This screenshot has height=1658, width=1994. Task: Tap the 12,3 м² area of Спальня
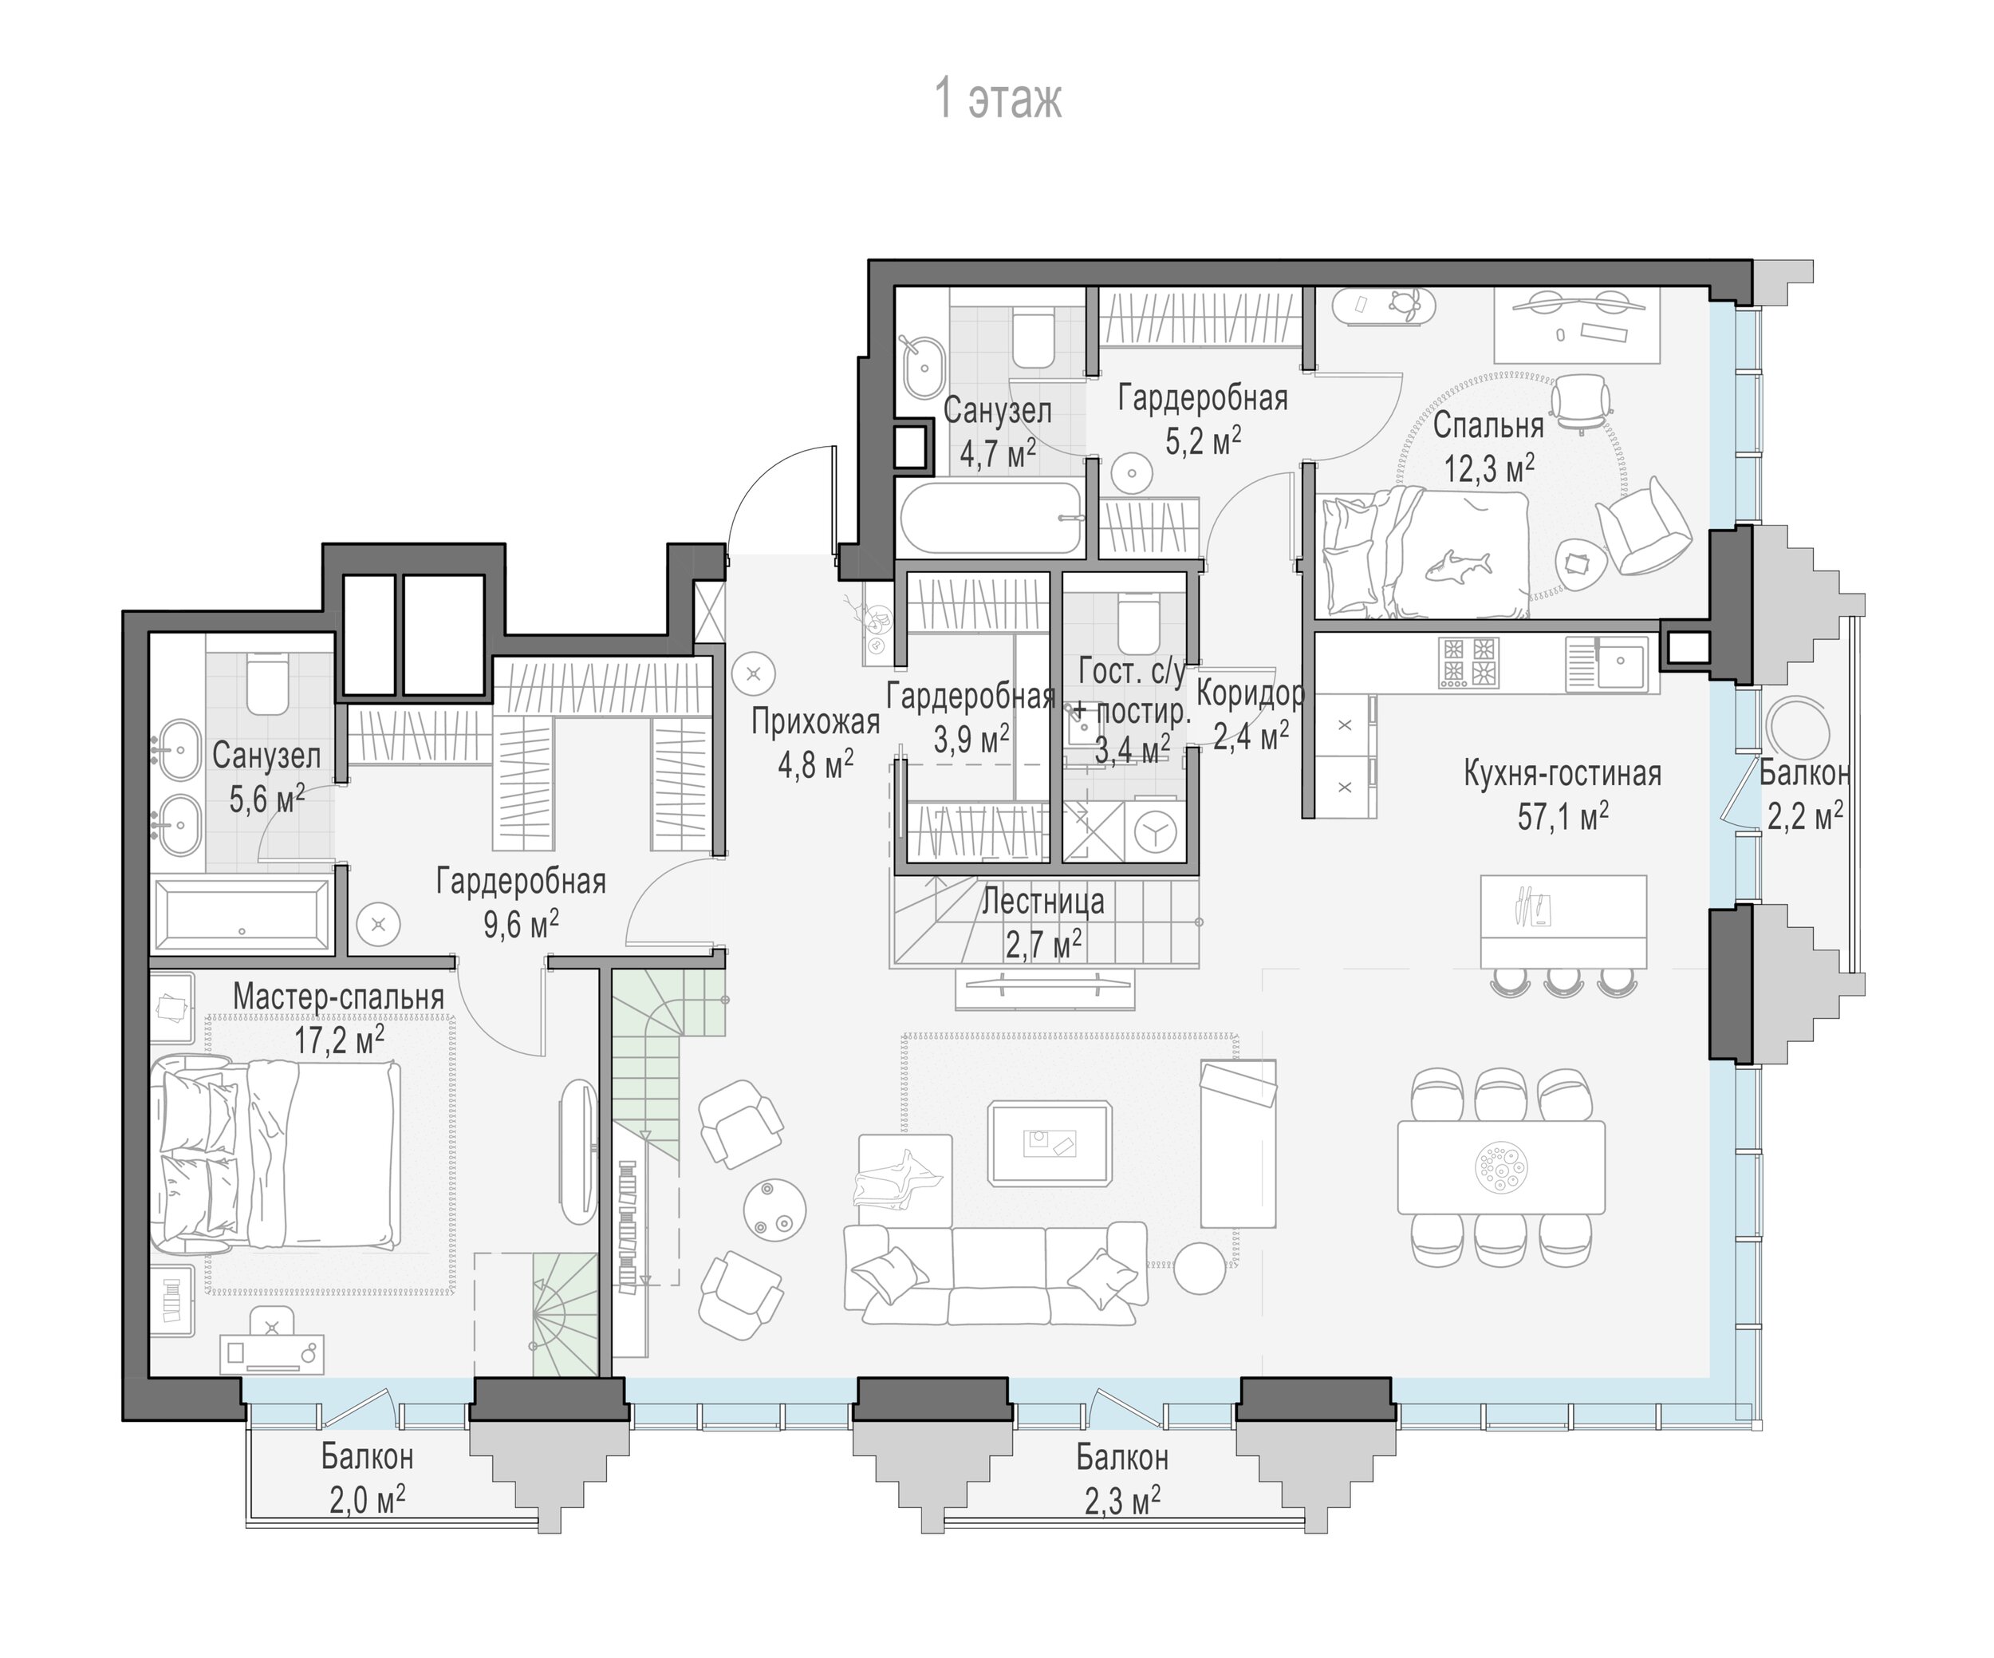[x=1489, y=468]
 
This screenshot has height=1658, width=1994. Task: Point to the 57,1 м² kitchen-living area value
[x=1562, y=815]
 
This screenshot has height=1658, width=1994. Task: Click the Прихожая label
[x=816, y=723]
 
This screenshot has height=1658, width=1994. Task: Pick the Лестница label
[x=1042, y=901]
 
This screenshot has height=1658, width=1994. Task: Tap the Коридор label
[x=1251, y=694]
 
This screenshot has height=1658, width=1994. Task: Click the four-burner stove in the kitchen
[x=1469, y=662]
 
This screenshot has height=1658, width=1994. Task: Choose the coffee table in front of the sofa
[x=1049, y=1143]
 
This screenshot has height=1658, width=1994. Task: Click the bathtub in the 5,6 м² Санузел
[x=243, y=915]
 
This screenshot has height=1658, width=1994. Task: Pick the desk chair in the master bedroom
[x=273, y=1323]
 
